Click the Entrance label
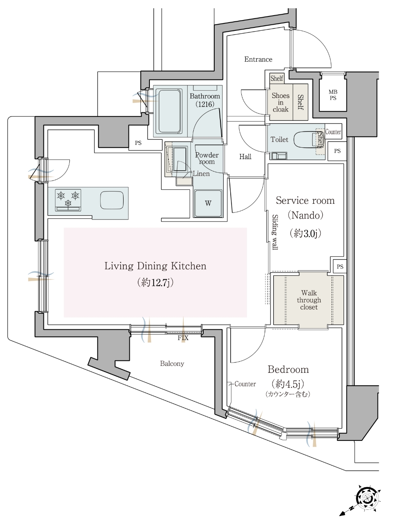coord(258,59)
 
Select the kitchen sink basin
coord(112,200)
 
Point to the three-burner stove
coord(68,200)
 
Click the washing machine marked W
coord(208,203)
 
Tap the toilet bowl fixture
coord(307,140)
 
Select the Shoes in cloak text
coord(280,103)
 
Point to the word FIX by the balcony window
coord(183,338)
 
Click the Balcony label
coord(172,364)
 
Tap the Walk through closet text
coord(309,300)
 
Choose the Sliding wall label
coord(275,232)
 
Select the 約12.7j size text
coord(155,283)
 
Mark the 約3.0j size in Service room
coord(305,233)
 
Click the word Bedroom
coord(288,370)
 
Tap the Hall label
coord(245,157)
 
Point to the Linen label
coord(201,173)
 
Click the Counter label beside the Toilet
coord(333,132)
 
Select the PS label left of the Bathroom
coord(138,143)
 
